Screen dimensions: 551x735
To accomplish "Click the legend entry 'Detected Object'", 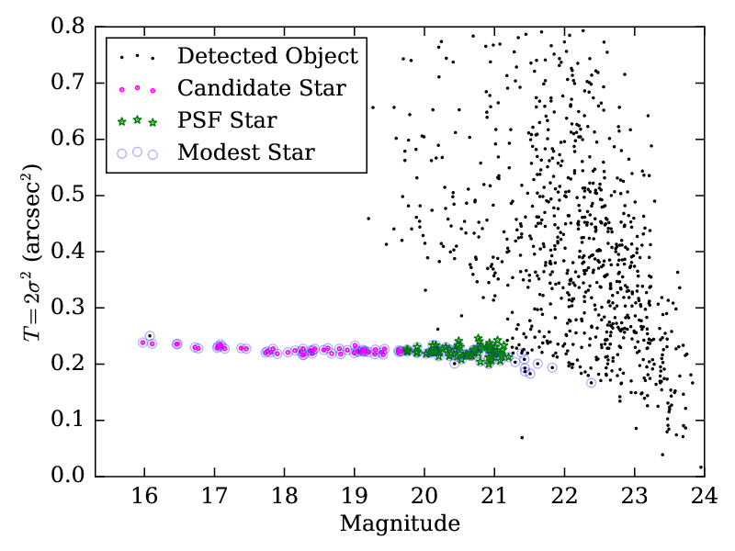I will pos(266,56).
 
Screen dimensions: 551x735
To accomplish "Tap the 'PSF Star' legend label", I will pos(227,120).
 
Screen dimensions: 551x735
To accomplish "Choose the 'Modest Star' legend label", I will pos(246,152).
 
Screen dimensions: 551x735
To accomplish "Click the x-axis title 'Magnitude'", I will pos(400,525).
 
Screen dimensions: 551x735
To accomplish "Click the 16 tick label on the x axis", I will pos(144,500).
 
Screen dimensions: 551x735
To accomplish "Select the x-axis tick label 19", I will pos(354,500).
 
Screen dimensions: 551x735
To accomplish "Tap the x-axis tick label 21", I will pos(494,500).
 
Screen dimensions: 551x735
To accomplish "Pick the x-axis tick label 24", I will pos(704,500).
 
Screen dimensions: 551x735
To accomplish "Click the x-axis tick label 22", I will pos(564,500).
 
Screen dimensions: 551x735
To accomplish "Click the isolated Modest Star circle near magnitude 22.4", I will pos(592,382).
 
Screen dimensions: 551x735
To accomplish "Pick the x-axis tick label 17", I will pos(214,500).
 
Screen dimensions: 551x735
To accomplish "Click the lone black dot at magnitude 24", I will pos(700,467).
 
